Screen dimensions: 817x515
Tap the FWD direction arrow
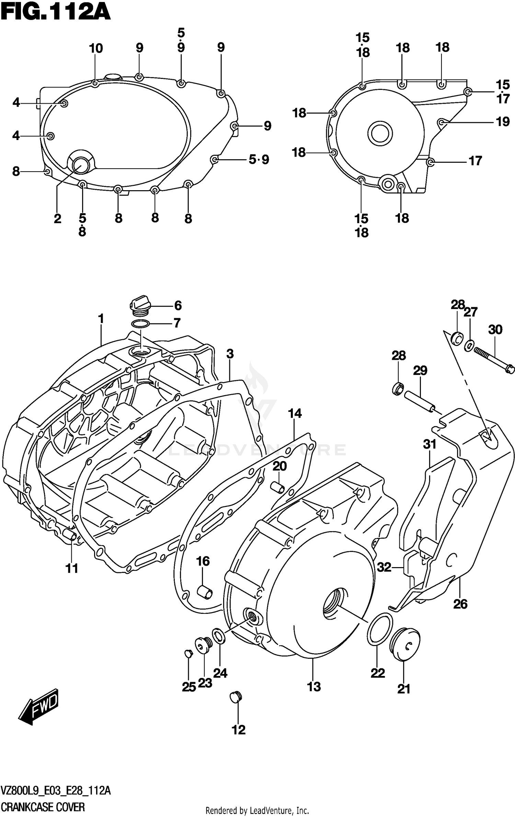tap(38, 706)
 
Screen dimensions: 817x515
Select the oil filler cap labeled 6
tap(140, 305)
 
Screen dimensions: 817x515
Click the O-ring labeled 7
tap(140, 323)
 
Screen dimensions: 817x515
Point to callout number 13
tap(314, 686)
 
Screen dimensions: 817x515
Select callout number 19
tap(503, 122)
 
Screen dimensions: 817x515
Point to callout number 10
tap(96, 48)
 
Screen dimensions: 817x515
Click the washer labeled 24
tap(219, 636)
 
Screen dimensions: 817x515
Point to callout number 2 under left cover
tap(57, 218)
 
